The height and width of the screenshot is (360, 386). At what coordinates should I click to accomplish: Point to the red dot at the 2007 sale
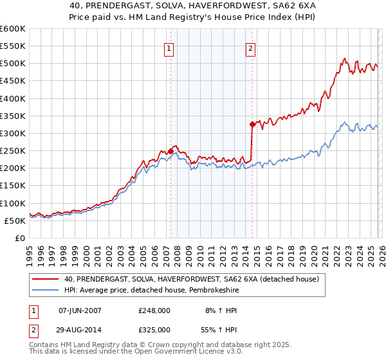coord(170,151)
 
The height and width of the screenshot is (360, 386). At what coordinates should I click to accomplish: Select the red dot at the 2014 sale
coord(252,125)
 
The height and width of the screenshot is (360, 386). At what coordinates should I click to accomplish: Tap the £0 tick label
coord(19,238)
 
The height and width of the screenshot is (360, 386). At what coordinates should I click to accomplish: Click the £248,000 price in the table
coord(154,310)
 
